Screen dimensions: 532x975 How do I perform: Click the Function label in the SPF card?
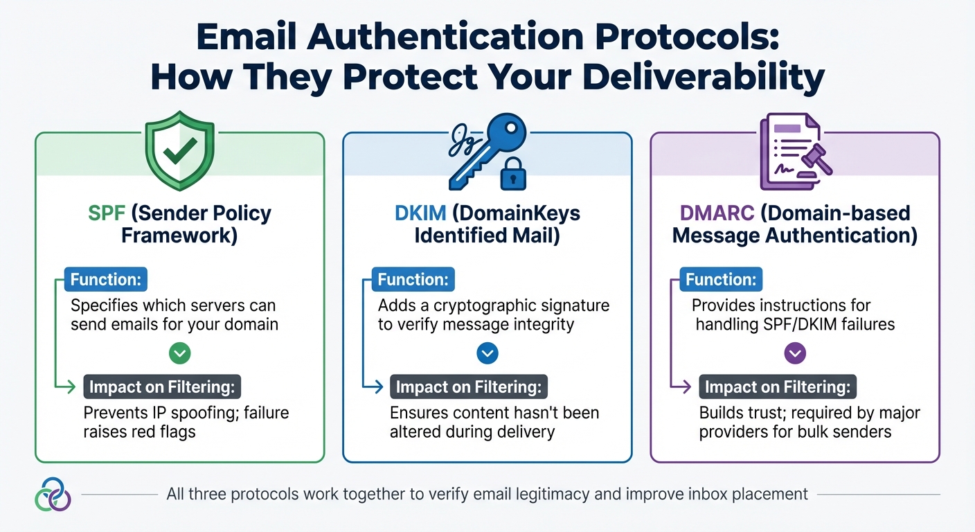point(105,280)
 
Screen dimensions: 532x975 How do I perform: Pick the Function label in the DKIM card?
point(413,280)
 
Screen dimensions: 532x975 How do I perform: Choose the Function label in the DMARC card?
point(720,280)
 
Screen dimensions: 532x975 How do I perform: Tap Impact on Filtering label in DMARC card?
point(777,387)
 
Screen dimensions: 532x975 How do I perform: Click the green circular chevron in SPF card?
point(179,354)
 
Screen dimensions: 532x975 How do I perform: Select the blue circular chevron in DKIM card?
point(487,354)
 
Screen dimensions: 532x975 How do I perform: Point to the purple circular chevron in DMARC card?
point(794,354)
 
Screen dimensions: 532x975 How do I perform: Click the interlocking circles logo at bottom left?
point(53,494)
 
